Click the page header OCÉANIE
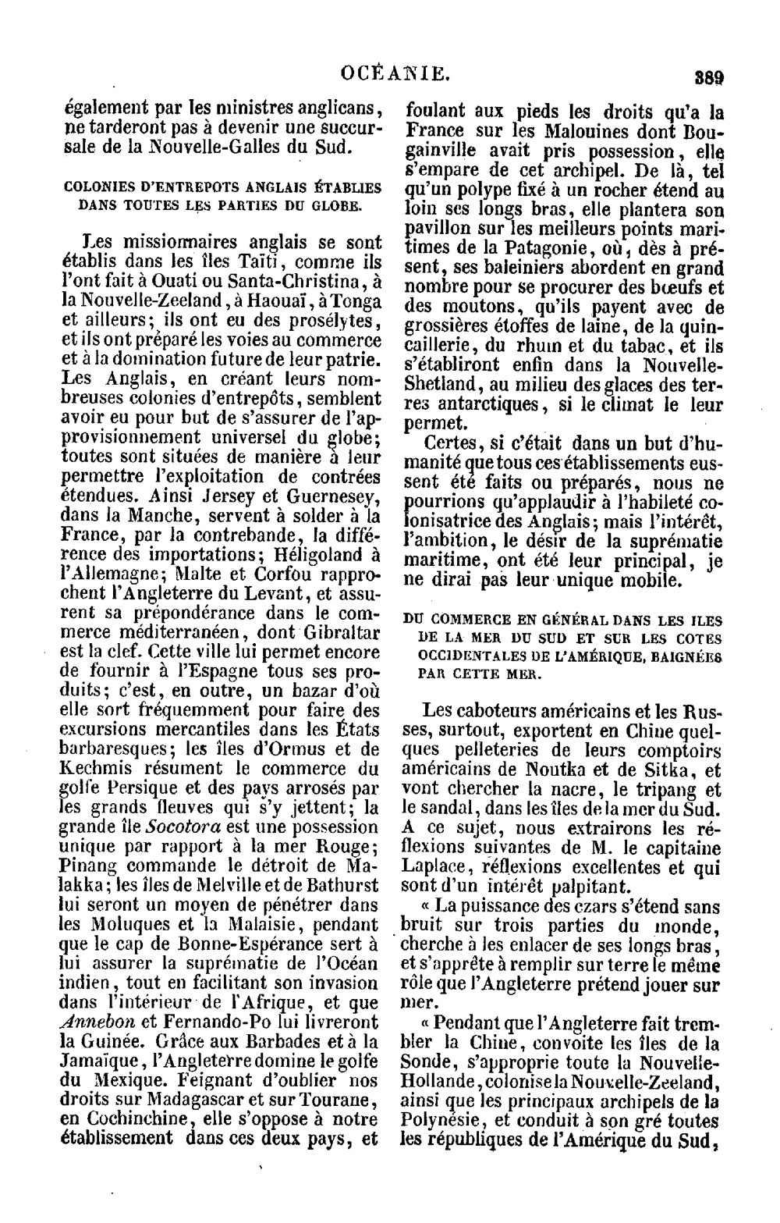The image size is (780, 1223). (396, 75)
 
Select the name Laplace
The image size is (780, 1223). (434, 866)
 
